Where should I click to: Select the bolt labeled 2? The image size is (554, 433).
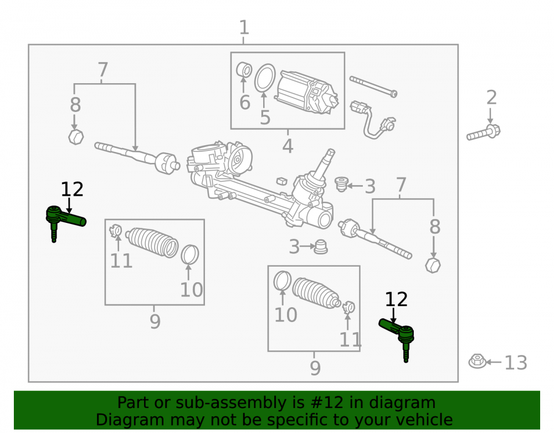pyautogui.click(x=483, y=132)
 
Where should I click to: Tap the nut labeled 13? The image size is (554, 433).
pyautogui.click(x=478, y=361)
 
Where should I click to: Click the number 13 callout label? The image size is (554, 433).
pyautogui.click(x=515, y=363)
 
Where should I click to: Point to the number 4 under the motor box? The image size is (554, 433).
pyautogui.click(x=288, y=146)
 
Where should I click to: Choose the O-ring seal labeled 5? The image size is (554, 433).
pyautogui.click(x=265, y=78)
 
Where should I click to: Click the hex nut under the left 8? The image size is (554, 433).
pyautogui.click(x=76, y=137)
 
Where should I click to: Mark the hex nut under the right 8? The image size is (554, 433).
pyautogui.click(x=433, y=265)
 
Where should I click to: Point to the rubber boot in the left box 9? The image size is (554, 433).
pyautogui.click(x=152, y=242)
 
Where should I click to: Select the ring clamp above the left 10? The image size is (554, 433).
pyautogui.click(x=189, y=254)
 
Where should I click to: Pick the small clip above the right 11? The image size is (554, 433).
pyautogui.click(x=348, y=307)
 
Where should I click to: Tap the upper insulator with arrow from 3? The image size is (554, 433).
pyautogui.click(x=341, y=184)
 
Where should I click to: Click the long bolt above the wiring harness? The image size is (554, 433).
pyautogui.click(x=373, y=86)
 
